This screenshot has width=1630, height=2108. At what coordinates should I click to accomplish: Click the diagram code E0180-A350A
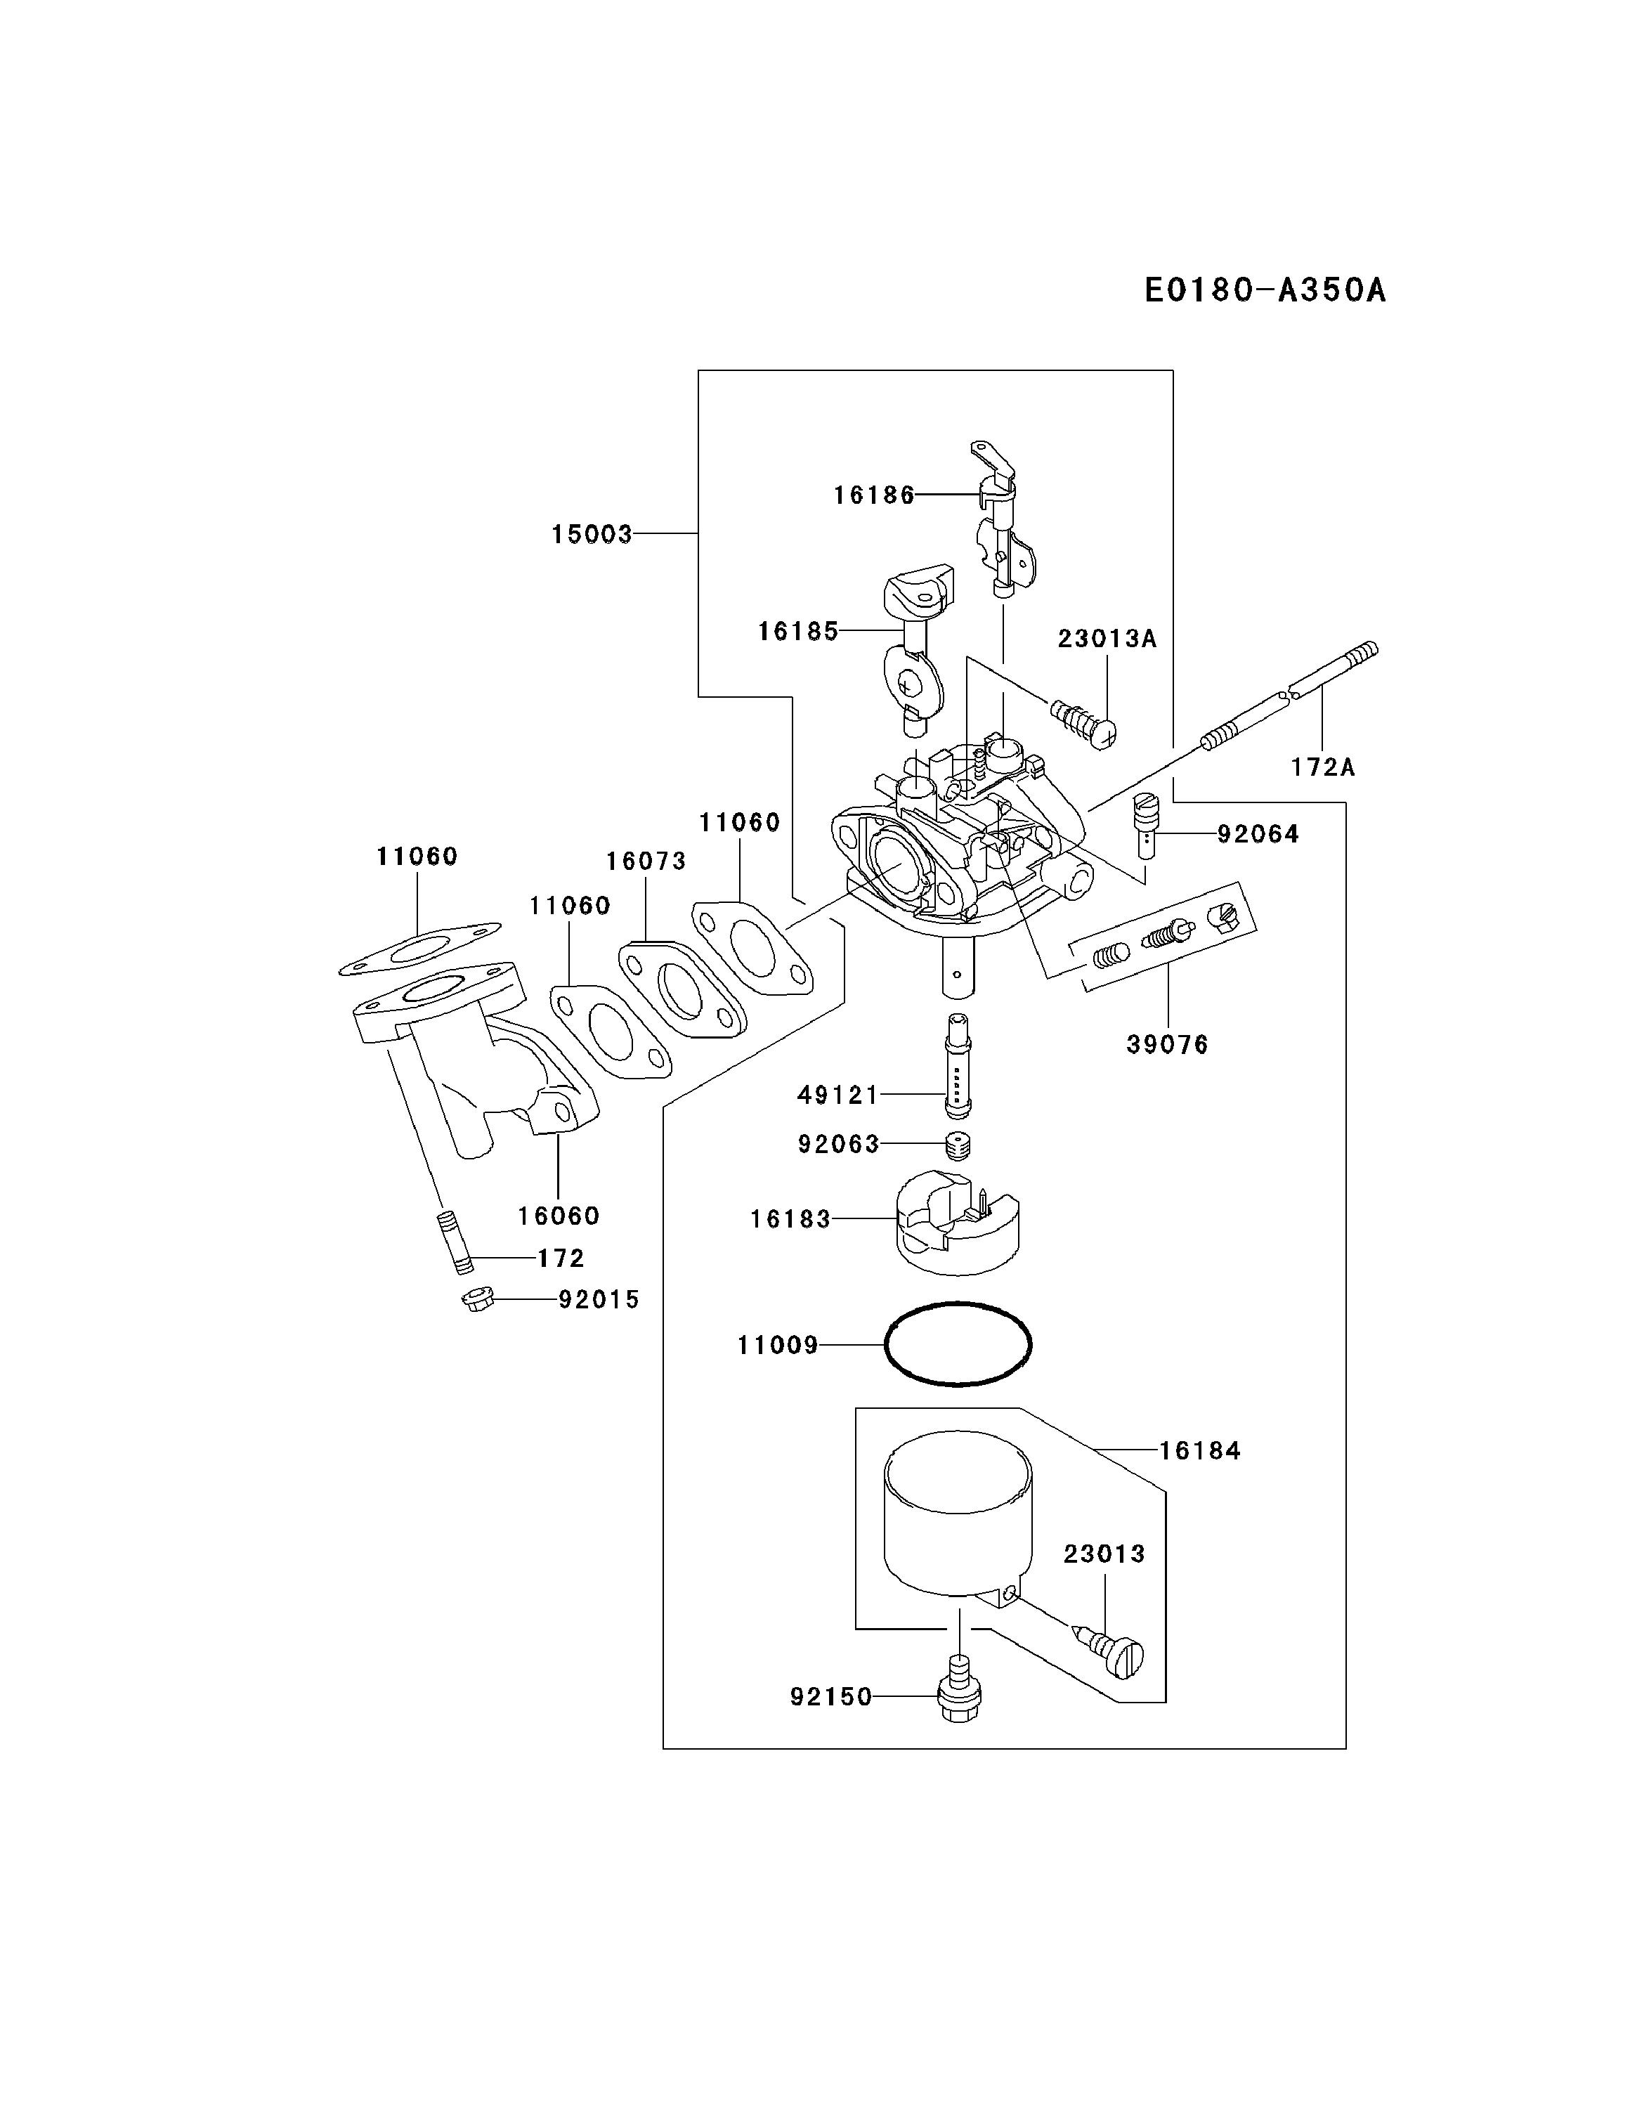point(1264,289)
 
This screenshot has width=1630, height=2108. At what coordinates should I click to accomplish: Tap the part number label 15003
point(592,534)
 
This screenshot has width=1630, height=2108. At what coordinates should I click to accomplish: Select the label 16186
point(873,495)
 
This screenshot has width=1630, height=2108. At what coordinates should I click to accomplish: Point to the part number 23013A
point(1107,638)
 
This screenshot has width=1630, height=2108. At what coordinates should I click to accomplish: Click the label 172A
point(1323,767)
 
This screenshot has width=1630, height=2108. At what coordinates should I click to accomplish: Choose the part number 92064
point(1258,834)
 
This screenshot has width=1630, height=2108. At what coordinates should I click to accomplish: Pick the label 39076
point(1167,1044)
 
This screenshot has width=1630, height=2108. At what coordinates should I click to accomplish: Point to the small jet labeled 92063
point(958,1145)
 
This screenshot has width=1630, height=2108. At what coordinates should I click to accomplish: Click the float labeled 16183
point(956,1224)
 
